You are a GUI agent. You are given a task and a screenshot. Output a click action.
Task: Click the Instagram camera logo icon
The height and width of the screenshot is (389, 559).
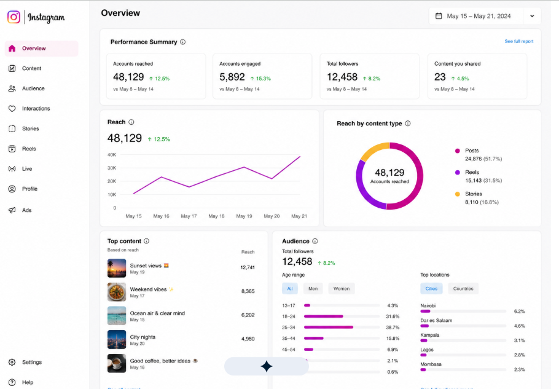point(14,17)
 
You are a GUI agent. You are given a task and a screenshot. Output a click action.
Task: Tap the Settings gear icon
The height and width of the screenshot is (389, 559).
point(12,362)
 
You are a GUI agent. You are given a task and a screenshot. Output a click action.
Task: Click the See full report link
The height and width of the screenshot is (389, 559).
point(518,41)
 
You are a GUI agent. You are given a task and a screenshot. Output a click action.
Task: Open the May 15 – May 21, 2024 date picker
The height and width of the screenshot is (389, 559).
point(485,16)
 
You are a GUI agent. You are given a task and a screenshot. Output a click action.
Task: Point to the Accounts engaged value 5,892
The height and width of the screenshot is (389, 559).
point(232,77)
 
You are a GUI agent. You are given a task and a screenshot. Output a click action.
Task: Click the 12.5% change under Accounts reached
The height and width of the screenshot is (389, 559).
point(159,79)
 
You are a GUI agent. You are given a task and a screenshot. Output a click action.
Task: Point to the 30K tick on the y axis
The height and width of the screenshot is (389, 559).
point(112,168)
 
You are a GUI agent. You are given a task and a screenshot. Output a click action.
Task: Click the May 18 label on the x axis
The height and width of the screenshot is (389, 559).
point(216,216)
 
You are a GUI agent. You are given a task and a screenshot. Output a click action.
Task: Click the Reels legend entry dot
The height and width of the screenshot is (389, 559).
point(458,173)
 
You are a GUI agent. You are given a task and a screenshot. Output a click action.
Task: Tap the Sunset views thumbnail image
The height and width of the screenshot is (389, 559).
point(117,268)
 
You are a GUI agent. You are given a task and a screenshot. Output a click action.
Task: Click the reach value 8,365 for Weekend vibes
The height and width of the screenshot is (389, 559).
point(248,291)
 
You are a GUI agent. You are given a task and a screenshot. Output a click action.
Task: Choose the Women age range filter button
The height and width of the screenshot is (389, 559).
point(341,288)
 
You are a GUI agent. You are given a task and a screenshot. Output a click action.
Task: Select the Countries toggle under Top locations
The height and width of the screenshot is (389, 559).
point(463,288)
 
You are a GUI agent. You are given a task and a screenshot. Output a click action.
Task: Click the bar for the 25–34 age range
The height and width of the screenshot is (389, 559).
point(329,327)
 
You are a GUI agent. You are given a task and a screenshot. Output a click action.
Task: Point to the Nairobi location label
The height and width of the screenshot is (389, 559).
point(428,305)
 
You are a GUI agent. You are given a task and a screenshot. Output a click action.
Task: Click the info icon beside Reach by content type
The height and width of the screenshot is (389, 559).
point(408,124)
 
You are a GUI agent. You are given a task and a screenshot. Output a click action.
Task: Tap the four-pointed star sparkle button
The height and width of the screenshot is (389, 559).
point(267,366)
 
